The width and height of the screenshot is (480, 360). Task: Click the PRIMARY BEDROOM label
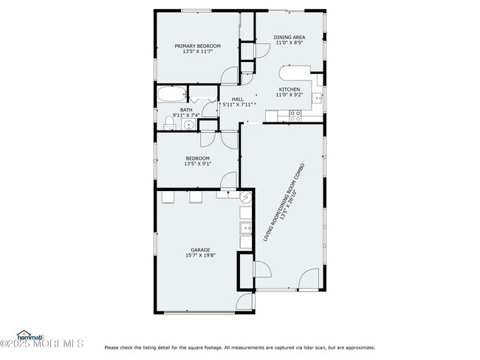[197, 46]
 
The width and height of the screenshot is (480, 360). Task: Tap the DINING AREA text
[289, 37]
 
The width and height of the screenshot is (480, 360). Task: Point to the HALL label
[237, 99]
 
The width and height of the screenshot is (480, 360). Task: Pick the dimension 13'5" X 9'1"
[198, 164]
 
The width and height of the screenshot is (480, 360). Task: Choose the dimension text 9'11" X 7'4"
[186, 115]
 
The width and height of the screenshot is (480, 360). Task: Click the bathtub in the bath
[171, 94]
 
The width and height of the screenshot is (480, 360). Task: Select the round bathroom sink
[188, 125]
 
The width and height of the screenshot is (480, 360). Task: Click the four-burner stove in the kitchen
[295, 114]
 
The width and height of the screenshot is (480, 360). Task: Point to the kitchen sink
[318, 97]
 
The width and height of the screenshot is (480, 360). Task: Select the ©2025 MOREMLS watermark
[42, 344]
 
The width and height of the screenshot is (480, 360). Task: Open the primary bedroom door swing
[230, 76]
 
